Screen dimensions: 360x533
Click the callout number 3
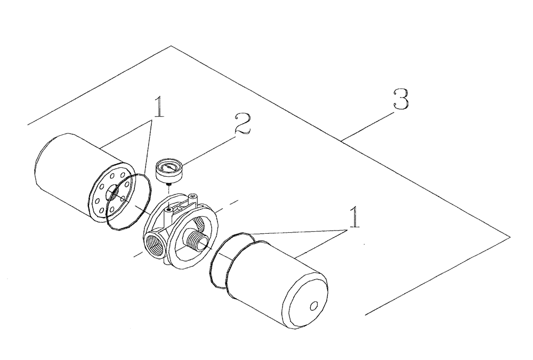tap(401, 100)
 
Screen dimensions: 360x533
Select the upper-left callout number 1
tap(158, 107)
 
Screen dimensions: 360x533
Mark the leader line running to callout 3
tap(368, 125)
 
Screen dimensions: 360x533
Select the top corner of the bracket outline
tap(171, 46)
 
